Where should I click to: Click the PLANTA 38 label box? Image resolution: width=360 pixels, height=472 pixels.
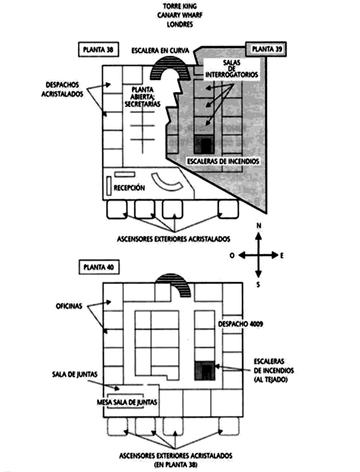99,49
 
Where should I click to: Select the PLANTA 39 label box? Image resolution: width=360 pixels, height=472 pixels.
266,49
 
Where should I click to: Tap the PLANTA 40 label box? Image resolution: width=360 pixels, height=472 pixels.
99,267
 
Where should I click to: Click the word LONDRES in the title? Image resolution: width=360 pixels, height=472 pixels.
180,25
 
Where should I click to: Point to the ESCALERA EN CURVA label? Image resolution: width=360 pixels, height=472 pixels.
161,51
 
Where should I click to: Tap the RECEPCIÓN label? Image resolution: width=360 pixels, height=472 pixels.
129,188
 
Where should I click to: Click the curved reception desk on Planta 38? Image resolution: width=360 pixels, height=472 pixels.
166,183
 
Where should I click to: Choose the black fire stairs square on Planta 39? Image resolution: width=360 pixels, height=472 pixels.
205,144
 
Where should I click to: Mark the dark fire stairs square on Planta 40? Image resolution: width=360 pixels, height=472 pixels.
205,371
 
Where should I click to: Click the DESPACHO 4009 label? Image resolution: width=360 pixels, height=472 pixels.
240,324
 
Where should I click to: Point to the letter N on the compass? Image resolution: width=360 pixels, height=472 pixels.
259,226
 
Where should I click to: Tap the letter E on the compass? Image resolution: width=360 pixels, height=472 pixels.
282,256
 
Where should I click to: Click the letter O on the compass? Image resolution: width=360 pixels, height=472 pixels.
232,256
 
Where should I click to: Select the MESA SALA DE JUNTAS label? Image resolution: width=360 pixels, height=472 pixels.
127,402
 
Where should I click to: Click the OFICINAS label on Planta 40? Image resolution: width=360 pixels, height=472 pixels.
69,306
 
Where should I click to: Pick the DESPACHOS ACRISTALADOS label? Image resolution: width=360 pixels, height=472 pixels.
62,90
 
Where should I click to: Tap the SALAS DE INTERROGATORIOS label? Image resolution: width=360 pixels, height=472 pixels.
231,69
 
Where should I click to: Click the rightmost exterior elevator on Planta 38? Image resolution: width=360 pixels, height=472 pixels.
228,209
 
